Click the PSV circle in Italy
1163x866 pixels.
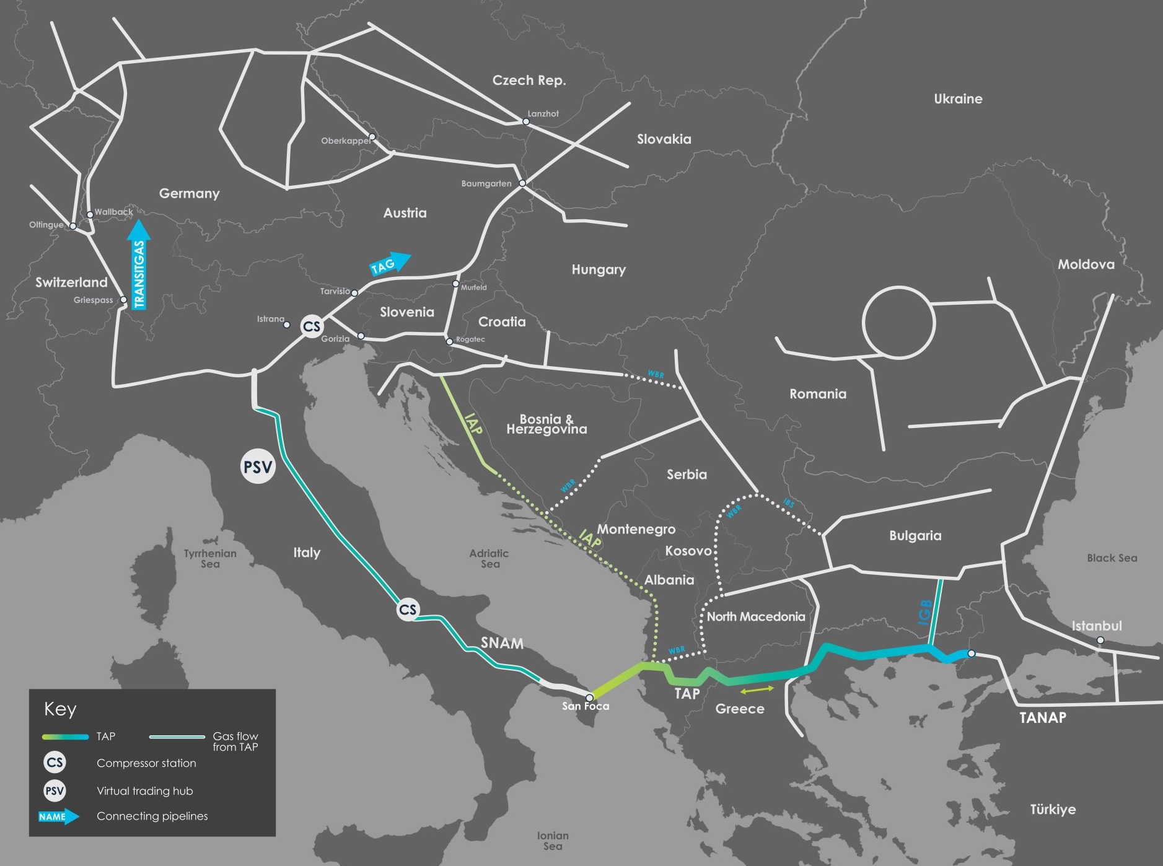[x=257, y=466]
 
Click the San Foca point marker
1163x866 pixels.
[x=589, y=698]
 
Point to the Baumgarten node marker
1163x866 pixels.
[x=522, y=183]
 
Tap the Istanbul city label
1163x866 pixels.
[x=1096, y=626]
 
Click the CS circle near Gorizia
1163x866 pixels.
[x=311, y=326]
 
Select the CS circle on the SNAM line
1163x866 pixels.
[x=407, y=610]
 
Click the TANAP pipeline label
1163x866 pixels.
[x=1043, y=717]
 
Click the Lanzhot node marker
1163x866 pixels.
[x=526, y=121]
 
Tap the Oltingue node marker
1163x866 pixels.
[x=73, y=226]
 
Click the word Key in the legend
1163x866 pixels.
[x=60, y=709]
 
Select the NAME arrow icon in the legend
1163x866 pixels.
[x=58, y=816]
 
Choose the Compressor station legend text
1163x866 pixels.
[x=146, y=763]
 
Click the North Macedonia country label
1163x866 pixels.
[x=755, y=616]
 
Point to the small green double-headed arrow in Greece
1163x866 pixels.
[x=757, y=689]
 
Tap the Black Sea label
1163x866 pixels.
[x=1112, y=558]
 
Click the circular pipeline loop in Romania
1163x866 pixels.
[x=898, y=322]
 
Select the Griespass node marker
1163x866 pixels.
[x=123, y=300]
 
